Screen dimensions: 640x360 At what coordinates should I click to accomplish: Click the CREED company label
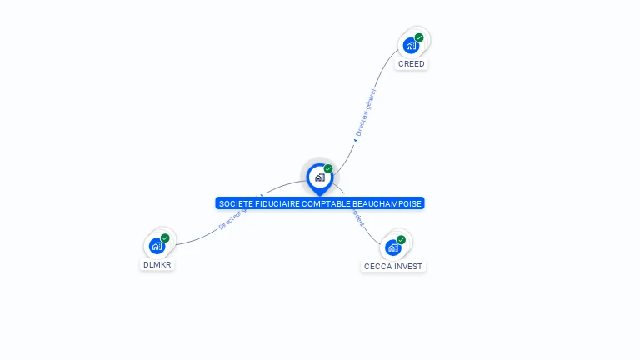click(x=411, y=64)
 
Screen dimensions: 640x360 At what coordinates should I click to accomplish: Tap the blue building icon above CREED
click(x=410, y=46)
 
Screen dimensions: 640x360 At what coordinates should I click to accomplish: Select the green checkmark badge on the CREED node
click(x=419, y=37)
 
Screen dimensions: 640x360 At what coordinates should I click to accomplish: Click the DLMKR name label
click(x=157, y=265)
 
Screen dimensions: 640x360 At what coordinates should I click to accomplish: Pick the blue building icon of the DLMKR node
click(x=157, y=246)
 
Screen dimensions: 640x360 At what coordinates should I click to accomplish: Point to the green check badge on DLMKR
click(x=165, y=238)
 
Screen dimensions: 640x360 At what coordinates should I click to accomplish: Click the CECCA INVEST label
click(x=393, y=267)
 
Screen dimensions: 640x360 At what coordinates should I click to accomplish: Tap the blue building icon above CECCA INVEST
click(x=392, y=247)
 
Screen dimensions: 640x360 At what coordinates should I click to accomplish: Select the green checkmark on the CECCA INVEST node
click(x=401, y=240)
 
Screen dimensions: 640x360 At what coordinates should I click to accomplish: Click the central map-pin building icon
click(x=319, y=177)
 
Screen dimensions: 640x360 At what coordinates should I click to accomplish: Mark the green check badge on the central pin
click(x=328, y=169)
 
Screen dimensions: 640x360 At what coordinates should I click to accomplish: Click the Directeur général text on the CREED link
click(x=366, y=112)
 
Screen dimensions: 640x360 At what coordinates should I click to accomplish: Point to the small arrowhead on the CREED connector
click(x=356, y=140)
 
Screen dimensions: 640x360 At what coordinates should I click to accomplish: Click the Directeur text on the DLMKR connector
click(x=231, y=222)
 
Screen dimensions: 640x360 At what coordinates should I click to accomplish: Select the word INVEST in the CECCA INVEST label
click(x=408, y=267)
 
